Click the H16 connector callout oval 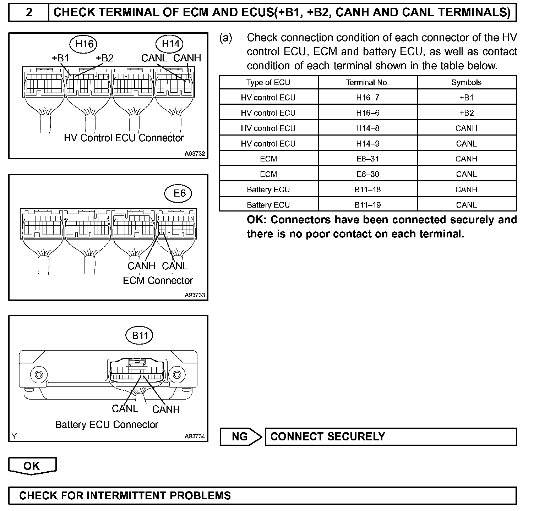[x=84, y=44]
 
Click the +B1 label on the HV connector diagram [x=60, y=58]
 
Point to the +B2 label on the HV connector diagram [x=104, y=58]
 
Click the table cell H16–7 [x=367, y=97]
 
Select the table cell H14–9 [x=367, y=143]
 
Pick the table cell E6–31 [x=367, y=159]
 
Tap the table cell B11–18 [x=367, y=189]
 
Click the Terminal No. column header [x=367, y=82]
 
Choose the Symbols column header [x=466, y=82]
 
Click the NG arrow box [x=241, y=436]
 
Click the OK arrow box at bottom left [x=32, y=466]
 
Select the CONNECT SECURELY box [x=391, y=436]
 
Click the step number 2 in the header [x=29, y=12]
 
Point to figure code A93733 [x=195, y=295]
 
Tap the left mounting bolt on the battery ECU [x=37, y=374]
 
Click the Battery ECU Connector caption [x=107, y=424]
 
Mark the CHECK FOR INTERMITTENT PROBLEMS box [x=262, y=495]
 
